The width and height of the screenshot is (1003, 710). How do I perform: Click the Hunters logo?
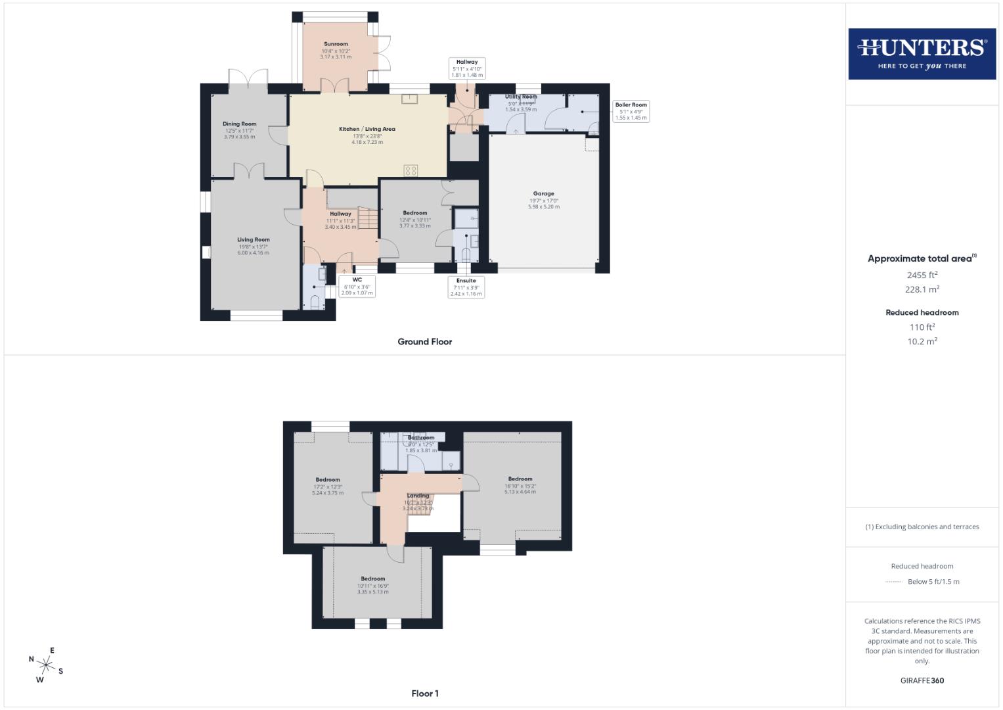coord(922,54)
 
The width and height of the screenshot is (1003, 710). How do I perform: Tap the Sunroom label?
coord(336,44)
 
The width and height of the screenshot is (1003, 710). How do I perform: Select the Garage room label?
coord(543,194)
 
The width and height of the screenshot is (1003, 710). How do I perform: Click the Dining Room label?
coord(239,124)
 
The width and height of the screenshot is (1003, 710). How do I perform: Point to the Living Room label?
coord(253,240)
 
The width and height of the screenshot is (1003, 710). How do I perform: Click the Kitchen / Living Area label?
coord(367,129)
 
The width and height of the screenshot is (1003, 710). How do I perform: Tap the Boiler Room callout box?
coord(631,111)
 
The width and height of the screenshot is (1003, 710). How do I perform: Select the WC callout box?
coord(357,286)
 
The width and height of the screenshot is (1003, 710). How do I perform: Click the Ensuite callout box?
coord(466,287)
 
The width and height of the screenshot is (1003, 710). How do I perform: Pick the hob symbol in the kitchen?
coord(411,170)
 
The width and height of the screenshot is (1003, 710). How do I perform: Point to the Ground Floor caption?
coord(424,342)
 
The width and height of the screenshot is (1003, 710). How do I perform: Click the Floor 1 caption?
coord(424,694)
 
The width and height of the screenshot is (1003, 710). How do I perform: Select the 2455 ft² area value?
coord(922,275)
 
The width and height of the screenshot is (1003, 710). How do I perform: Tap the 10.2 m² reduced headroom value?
coord(922,341)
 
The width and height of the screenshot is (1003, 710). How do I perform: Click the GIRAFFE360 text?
coord(922,680)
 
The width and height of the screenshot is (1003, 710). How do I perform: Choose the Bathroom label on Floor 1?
coord(420,438)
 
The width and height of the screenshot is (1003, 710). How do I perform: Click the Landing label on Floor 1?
coord(418,496)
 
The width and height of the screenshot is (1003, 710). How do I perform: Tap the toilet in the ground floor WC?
coord(315,303)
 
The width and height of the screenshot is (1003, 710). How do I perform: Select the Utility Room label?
coord(520,97)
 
